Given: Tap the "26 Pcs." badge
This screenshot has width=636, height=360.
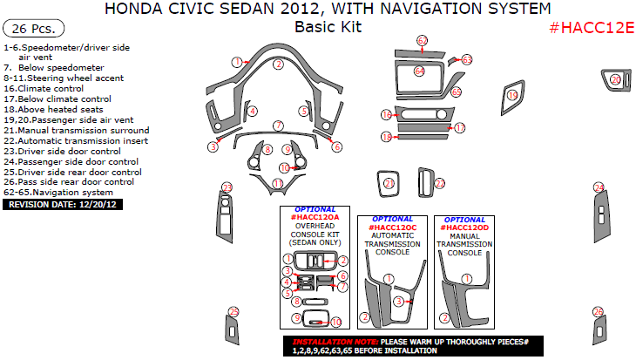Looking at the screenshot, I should point(29,28).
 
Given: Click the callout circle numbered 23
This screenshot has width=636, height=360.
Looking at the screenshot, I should point(227,188).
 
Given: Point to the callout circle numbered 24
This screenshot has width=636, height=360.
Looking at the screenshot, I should point(599,187).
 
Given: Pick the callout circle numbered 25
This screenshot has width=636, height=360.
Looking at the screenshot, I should point(233,311).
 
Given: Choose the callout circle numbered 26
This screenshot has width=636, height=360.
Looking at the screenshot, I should point(598,311).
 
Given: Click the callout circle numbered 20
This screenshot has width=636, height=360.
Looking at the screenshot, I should point(615,80).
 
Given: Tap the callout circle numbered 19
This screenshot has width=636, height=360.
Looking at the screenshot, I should point(513,95).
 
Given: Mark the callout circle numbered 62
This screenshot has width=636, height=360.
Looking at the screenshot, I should point(422,41).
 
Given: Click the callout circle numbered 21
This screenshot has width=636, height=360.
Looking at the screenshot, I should point(389,182).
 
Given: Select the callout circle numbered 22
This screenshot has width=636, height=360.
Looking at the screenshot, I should point(440,183).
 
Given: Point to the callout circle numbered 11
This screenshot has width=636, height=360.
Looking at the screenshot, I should point(277,183).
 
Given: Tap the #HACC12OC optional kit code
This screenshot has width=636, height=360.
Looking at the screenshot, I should point(392,227).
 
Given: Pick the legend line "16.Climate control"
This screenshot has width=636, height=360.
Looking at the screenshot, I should point(43,89).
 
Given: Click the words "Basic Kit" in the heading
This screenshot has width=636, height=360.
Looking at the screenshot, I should point(328,27).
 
